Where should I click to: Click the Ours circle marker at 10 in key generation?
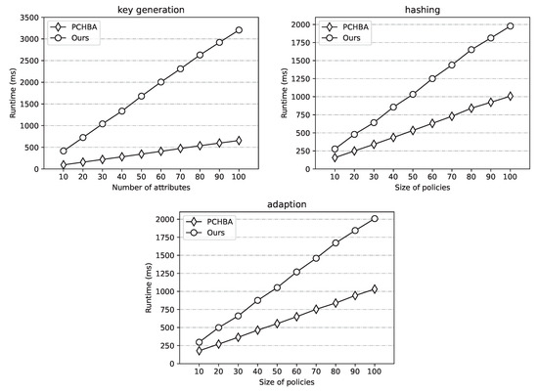coord(65,151)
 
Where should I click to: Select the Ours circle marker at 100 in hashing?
coord(510,26)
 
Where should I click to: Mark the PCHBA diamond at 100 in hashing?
coord(510,97)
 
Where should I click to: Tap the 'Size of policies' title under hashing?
coord(420,187)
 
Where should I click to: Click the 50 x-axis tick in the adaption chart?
coord(277,373)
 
